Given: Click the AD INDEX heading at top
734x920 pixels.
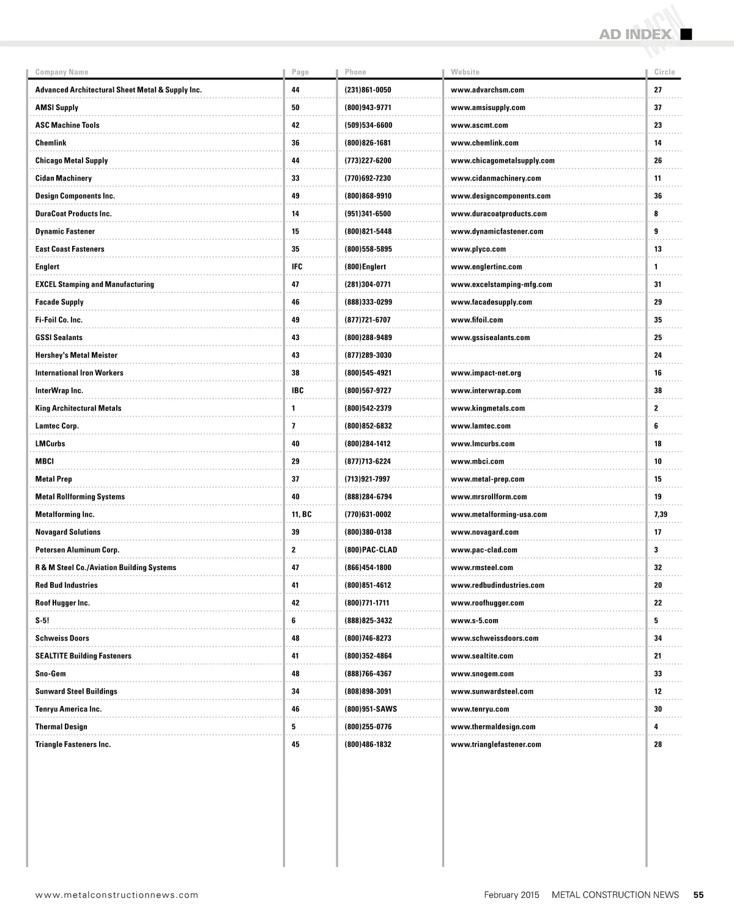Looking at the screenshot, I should pos(635,34).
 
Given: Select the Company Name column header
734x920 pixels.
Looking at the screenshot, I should pos(62,72).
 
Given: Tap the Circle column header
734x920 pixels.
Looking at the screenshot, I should pos(664,72).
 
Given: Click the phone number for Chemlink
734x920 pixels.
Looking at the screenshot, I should pos(368,143).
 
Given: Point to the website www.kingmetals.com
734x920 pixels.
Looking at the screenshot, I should pos(487,409).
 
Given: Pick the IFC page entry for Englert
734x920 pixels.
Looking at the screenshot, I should pos(297,267).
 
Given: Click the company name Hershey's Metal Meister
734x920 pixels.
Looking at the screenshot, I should pos(76,355).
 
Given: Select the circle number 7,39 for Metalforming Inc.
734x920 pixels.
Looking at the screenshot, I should pos(661,514).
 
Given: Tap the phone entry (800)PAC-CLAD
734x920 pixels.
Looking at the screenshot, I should pos(371,550).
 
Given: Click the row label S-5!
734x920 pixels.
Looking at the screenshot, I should pos(42,621).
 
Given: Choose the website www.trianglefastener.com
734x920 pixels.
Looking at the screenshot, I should pos(496,744).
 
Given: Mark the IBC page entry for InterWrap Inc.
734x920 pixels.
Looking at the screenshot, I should pos(298,391).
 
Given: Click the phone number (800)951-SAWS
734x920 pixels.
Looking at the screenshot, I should pos(371,709).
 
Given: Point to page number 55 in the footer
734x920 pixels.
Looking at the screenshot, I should pos(699,895).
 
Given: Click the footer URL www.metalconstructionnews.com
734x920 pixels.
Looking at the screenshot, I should pos(117,895).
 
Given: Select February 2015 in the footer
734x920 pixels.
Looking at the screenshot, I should pos(511,895).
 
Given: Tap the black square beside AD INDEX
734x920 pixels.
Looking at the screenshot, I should pos(686,34).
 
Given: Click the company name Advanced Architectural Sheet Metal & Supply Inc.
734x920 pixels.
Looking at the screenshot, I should pos(119,90).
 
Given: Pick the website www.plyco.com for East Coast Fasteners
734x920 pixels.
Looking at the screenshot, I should pos(478,250).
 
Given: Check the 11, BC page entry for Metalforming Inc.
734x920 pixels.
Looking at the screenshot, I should pos(302,514).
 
